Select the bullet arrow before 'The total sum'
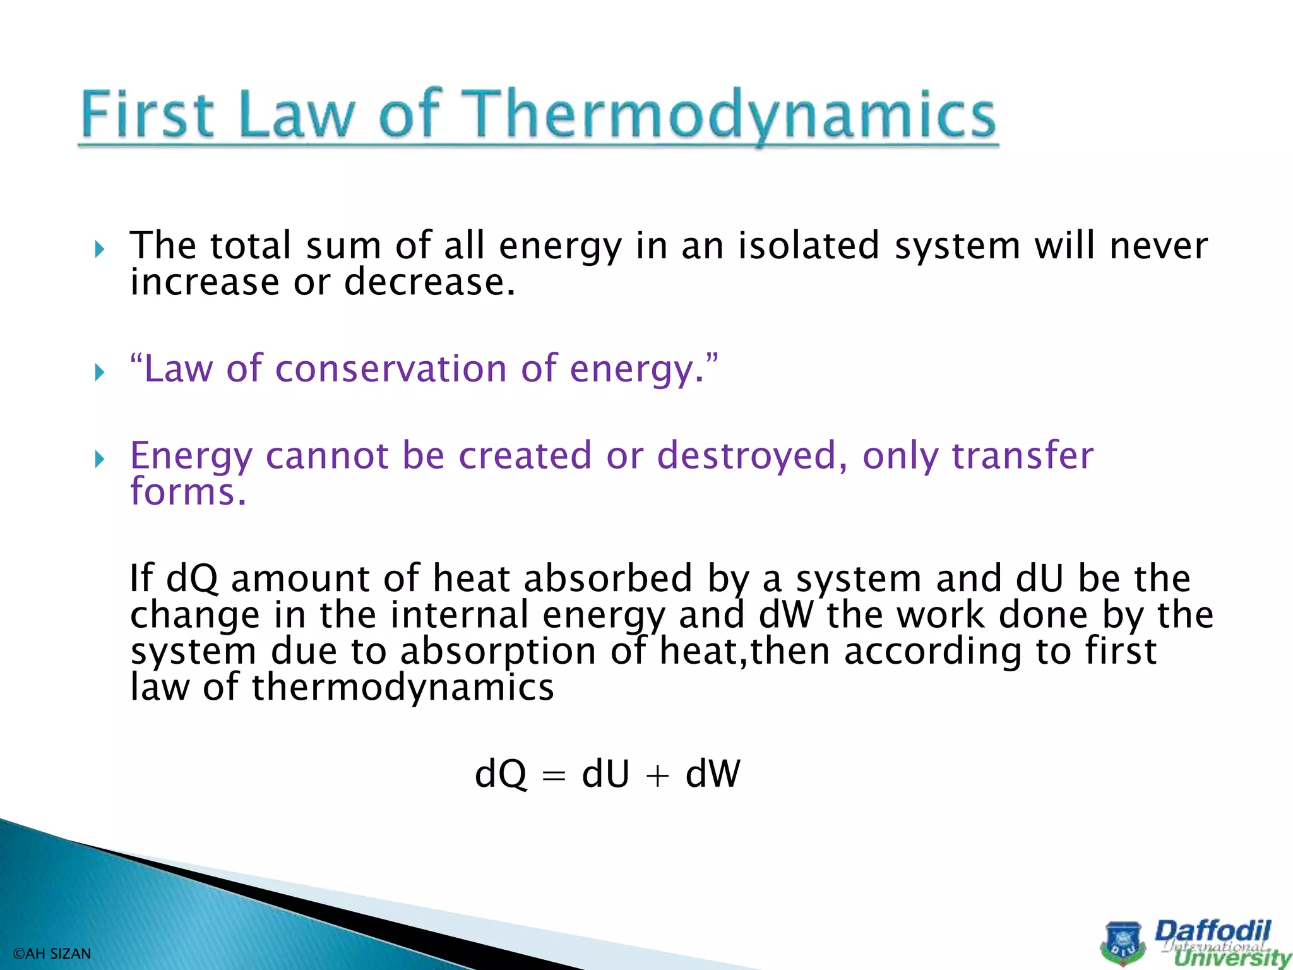point(99,249)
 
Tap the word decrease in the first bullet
point(429,282)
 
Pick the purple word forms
point(188,491)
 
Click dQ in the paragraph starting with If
point(191,578)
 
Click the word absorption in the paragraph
point(498,651)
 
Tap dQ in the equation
point(500,774)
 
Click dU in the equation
point(605,774)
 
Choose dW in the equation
point(712,774)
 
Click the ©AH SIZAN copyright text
point(52,954)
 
